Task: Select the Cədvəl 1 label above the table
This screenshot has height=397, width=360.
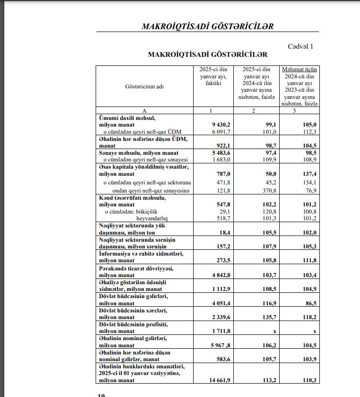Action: pos(300,46)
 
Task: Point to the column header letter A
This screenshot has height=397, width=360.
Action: pos(144,111)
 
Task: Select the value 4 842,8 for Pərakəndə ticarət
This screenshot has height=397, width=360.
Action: pos(221,275)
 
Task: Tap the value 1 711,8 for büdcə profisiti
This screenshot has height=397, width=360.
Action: pos(221,332)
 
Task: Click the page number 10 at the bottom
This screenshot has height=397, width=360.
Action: pos(101,395)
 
